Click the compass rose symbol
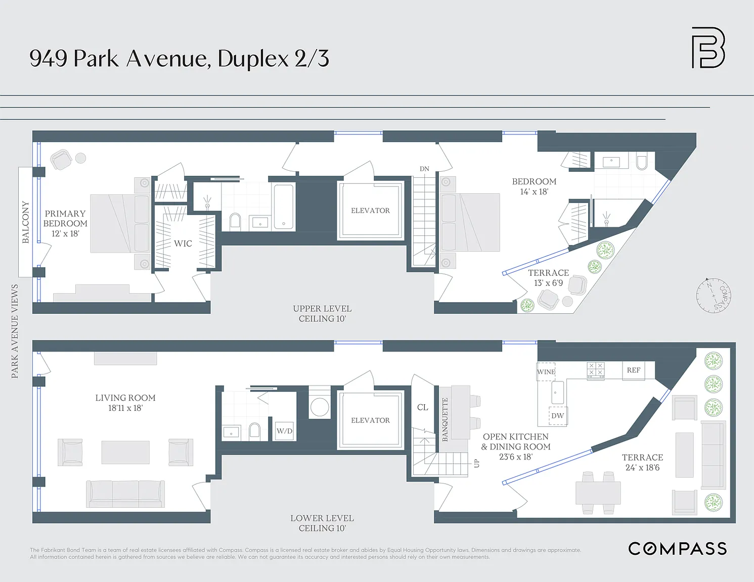coord(714,296)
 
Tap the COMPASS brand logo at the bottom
coord(677,549)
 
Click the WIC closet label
coord(183,244)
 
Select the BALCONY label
coord(26,222)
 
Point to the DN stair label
coord(424,169)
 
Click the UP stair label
coord(476,463)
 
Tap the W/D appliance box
coord(285,431)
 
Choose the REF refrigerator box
coord(634,370)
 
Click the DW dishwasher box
coord(558,416)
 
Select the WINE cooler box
coord(546,372)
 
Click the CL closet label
coord(423,407)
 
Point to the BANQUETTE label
coord(445,419)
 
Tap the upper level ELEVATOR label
coord(370,210)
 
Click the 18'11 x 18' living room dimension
coord(125,408)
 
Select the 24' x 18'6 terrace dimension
coord(642,468)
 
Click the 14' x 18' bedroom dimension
coord(534,191)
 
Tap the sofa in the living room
coord(125,494)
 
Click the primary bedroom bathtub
coord(284,207)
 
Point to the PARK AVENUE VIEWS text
coord(15,331)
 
